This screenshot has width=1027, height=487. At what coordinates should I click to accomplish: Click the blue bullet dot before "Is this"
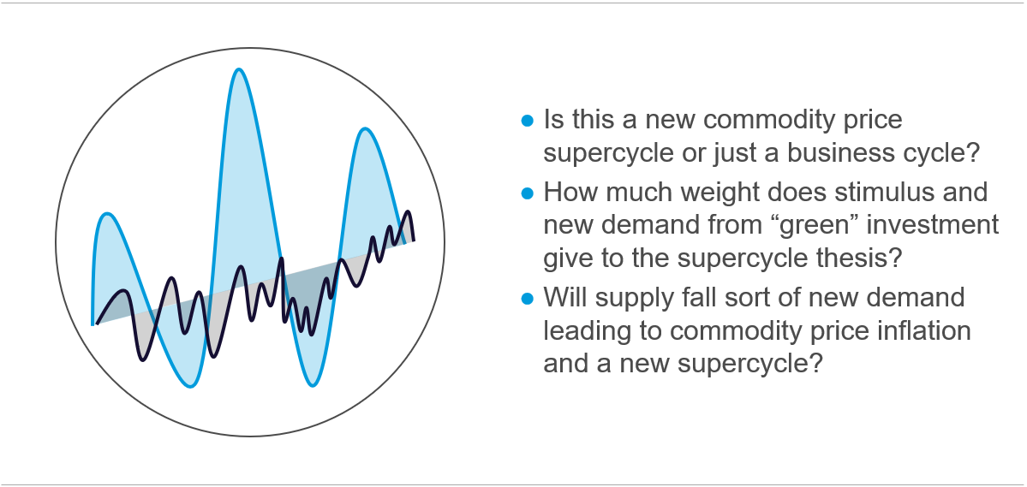click(x=528, y=121)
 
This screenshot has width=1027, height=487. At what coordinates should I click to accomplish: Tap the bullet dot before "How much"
click(x=528, y=193)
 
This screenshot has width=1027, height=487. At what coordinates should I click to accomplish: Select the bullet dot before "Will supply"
click(x=528, y=299)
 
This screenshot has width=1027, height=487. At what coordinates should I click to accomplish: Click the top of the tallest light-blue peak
click(x=240, y=69)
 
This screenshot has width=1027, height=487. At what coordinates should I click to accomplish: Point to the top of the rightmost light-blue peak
click(x=364, y=129)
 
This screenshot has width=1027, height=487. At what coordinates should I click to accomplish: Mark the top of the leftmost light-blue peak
click(x=107, y=214)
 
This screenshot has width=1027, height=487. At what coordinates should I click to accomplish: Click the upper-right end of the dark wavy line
click(x=414, y=241)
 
